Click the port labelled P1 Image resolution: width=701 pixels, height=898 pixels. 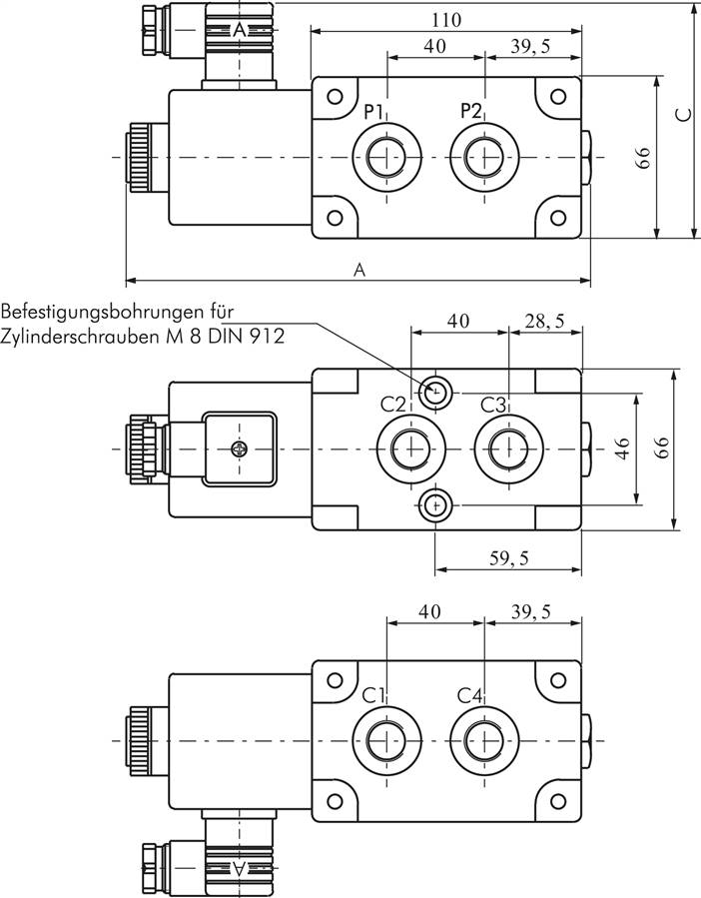pyautogui.click(x=385, y=157)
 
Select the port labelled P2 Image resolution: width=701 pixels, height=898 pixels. pyautogui.click(x=484, y=157)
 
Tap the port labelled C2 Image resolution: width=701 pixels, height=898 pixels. pyautogui.click(x=410, y=449)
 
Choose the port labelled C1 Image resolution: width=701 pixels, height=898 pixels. pyautogui.click(x=385, y=740)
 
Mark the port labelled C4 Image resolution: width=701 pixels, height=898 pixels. pyautogui.click(x=484, y=740)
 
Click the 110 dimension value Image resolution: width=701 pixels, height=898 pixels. pyautogui.click(x=447, y=19)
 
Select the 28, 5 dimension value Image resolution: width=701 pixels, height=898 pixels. pyautogui.click(x=544, y=322)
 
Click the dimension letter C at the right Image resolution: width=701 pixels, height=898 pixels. pyautogui.click(x=683, y=115)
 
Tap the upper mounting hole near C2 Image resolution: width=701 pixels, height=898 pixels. pyautogui.click(x=434, y=393)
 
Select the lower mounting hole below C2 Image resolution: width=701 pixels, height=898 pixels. pyautogui.click(x=434, y=506)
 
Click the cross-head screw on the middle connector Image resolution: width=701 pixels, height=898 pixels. pyautogui.click(x=239, y=449)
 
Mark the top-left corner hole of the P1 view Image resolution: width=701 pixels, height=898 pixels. pyautogui.click(x=336, y=97)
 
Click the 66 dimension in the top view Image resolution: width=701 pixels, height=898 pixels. pyautogui.click(x=644, y=157)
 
